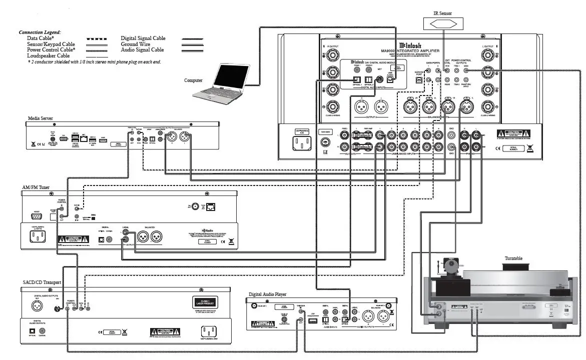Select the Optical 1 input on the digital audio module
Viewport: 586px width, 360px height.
tap(356, 80)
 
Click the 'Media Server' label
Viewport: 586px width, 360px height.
tap(41, 118)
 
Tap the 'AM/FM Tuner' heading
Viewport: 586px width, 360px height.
tap(36, 187)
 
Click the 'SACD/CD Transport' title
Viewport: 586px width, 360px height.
tap(42, 282)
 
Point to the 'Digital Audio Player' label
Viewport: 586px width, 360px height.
tap(270, 294)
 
